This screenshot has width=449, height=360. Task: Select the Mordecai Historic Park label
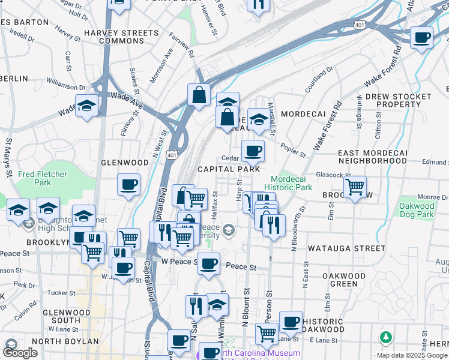pos(292,183)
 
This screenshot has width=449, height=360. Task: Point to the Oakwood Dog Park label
pos(417,210)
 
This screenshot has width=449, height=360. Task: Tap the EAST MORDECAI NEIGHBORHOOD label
pos(372,157)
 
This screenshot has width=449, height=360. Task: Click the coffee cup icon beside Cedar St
pos(253,150)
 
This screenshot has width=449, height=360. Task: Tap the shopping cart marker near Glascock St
pos(355,187)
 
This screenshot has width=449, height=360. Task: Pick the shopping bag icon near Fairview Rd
pos(198,94)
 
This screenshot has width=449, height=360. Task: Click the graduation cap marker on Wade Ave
pos(87,106)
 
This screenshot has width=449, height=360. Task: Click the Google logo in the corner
pos(20,353)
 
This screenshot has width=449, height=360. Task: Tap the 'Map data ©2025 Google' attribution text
pos(412,355)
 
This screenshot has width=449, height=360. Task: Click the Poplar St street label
pos(294,148)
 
